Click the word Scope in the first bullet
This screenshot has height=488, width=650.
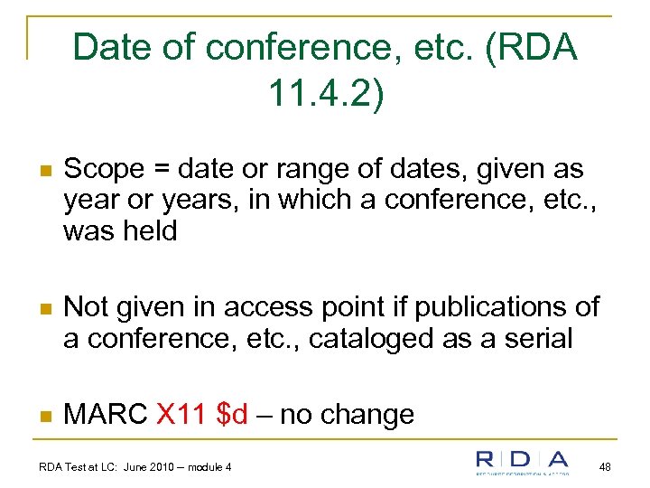[105, 169]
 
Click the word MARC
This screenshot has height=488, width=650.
[106, 415]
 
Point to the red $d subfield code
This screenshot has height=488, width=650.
[233, 415]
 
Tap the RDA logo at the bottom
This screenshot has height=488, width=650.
[523, 462]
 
